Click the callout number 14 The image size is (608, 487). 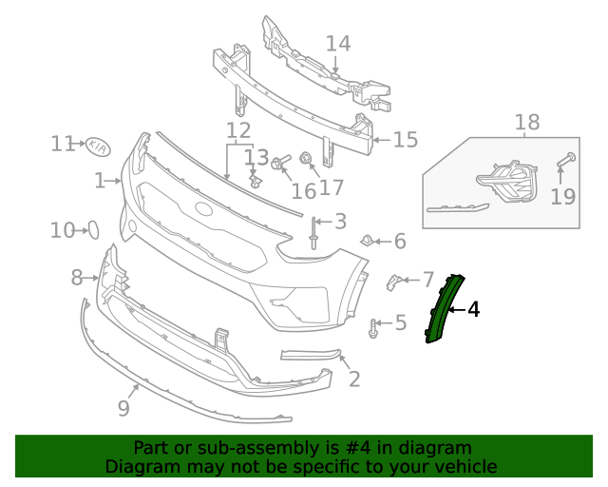[x=338, y=43]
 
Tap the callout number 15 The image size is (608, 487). [x=406, y=140]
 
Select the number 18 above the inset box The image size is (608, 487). [x=526, y=122]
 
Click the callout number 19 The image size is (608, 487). [x=563, y=196]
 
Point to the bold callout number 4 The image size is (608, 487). [x=473, y=309]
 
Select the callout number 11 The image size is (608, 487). [x=63, y=144]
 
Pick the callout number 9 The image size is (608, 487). [x=123, y=408]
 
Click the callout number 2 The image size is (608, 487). [x=354, y=380]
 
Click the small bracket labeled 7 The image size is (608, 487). [x=393, y=281]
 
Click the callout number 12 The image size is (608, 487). [x=238, y=130]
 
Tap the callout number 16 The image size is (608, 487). [x=304, y=190]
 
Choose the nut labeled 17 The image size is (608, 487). [x=306, y=158]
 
